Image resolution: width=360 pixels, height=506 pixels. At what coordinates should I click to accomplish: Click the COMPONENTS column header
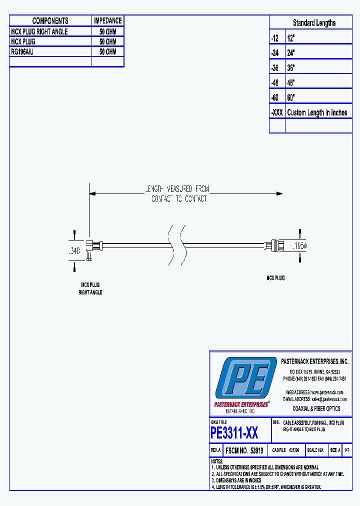click(50, 20)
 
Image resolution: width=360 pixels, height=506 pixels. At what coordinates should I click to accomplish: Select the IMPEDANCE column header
click(107, 20)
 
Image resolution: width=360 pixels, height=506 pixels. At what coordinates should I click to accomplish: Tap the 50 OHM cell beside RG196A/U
click(107, 51)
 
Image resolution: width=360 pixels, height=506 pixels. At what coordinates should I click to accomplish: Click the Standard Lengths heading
click(314, 23)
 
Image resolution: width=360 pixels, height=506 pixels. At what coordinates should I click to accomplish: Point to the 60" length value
click(291, 97)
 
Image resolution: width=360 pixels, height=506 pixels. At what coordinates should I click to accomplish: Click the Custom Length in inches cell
click(317, 112)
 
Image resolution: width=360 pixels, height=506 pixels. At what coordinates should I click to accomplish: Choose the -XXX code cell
click(277, 112)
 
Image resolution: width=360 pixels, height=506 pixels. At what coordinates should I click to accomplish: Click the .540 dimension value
click(73, 250)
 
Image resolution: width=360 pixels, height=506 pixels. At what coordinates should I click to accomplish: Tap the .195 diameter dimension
click(299, 245)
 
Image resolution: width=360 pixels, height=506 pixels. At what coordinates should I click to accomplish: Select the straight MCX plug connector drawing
click(275, 245)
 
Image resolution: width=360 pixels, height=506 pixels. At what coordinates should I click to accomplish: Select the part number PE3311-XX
click(234, 432)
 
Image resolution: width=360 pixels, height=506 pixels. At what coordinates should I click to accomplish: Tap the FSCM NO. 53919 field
click(245, 450)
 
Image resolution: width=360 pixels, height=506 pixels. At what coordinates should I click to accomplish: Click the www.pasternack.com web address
click(328, 392)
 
